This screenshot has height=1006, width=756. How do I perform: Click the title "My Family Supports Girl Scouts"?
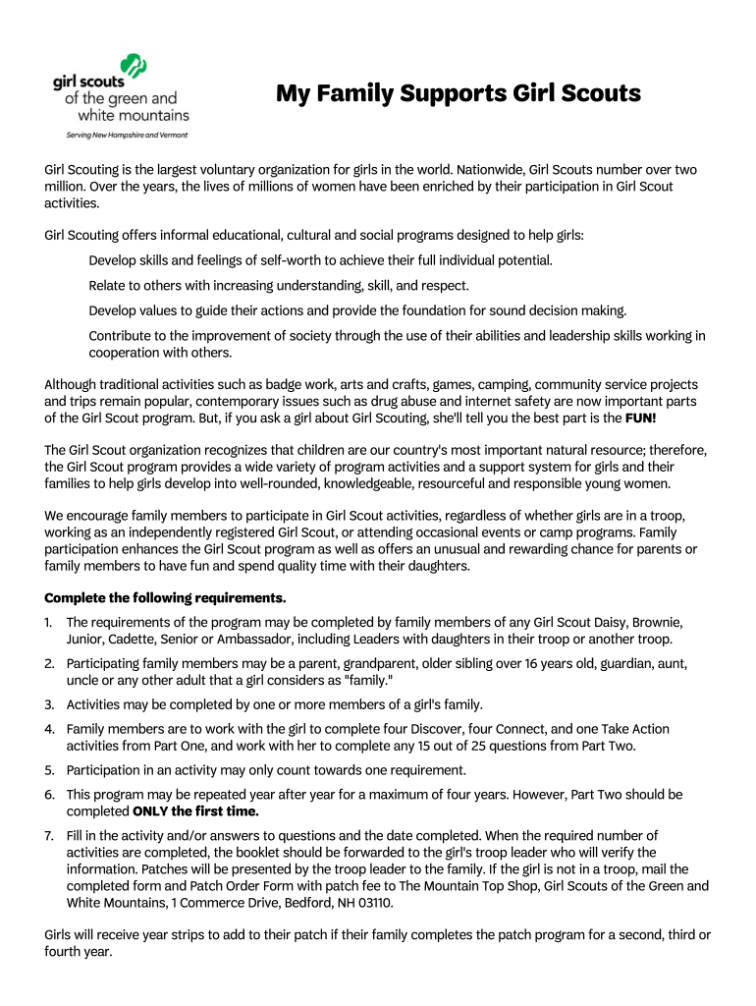458,94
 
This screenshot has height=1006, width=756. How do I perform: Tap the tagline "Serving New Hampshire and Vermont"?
127,135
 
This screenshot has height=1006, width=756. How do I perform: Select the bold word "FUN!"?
643,418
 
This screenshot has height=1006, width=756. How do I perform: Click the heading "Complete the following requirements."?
165,597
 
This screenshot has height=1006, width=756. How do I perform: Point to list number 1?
48,622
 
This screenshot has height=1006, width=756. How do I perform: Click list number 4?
48,729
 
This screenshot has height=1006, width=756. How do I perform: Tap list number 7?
48,835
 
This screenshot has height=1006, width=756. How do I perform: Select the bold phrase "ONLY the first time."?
195,810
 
